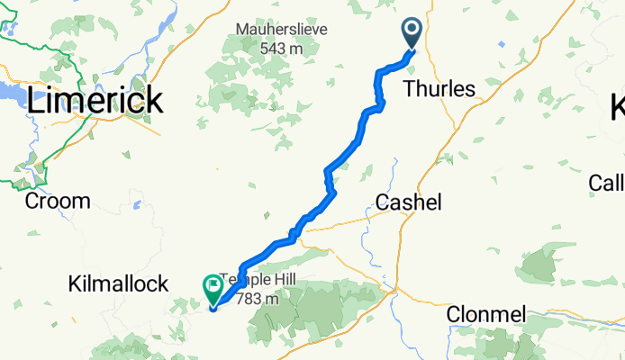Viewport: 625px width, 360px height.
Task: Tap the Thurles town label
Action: point(439,89)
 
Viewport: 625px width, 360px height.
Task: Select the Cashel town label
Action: point(408,202)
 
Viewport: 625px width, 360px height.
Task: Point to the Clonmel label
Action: point(485,314)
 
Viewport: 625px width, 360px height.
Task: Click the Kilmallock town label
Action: point(118,284)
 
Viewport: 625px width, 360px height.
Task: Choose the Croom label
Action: point(58,201)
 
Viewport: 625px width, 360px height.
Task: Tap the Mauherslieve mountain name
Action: point(282,30)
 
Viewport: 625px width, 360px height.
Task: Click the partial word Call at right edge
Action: point(606,183)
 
